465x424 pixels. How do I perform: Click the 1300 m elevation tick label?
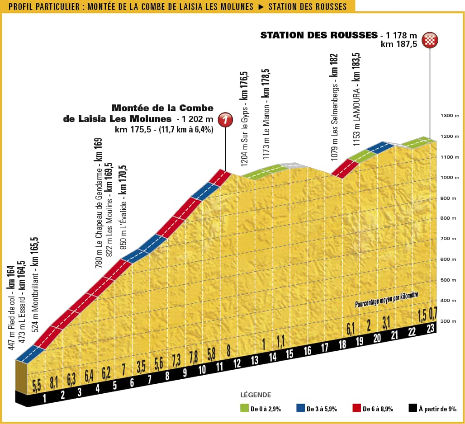pos(450,116)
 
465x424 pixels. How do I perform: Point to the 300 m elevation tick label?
pos(450,321)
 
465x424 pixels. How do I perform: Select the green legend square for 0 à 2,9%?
pos(245,409)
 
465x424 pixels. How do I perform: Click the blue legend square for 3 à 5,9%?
pos(300,409)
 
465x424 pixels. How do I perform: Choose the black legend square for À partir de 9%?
pos(413,409)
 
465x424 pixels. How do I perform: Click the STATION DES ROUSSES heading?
pos(319,35)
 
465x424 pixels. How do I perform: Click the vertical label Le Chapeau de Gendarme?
pos(98,203)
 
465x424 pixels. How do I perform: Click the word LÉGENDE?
pos(256,395)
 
